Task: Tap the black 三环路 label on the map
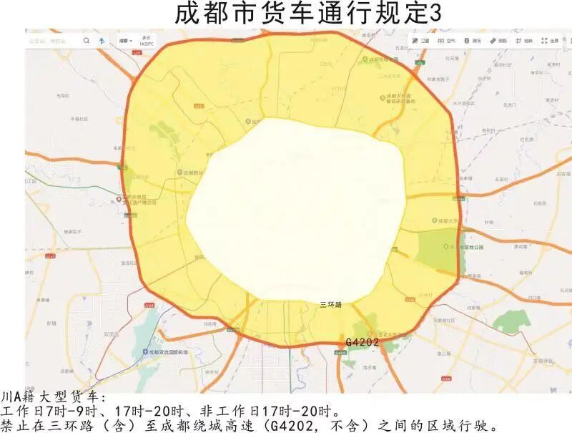(x=330, y=305)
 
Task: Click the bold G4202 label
(x=362, y=343)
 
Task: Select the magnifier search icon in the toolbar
(x=87, y=41)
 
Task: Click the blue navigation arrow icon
(x=102, y=41)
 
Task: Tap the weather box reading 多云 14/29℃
(x=147, y=41)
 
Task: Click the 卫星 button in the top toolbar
(x=421, y=41)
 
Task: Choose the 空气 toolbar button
(x=448, y=41)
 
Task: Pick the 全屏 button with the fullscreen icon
(x=550, y=41)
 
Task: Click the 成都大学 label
(x=450, y=221)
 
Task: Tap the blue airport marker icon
(x=145, y=353)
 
